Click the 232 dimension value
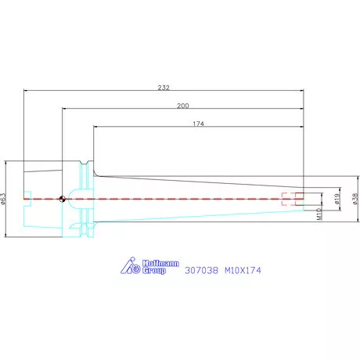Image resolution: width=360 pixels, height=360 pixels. [164, 88]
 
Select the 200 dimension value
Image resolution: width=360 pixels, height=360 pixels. [183, 106]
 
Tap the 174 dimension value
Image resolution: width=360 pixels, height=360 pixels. [198, 124]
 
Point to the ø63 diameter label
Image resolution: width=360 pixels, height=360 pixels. [3, 199]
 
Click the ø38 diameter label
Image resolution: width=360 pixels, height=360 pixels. [355, 199]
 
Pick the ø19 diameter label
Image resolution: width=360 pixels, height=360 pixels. [337, 199]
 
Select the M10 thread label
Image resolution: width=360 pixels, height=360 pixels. [319, 214]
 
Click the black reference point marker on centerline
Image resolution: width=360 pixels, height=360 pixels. [62, 199]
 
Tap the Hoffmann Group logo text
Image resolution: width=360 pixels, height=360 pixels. [160, 267]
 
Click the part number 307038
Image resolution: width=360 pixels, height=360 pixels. [201, 270]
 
